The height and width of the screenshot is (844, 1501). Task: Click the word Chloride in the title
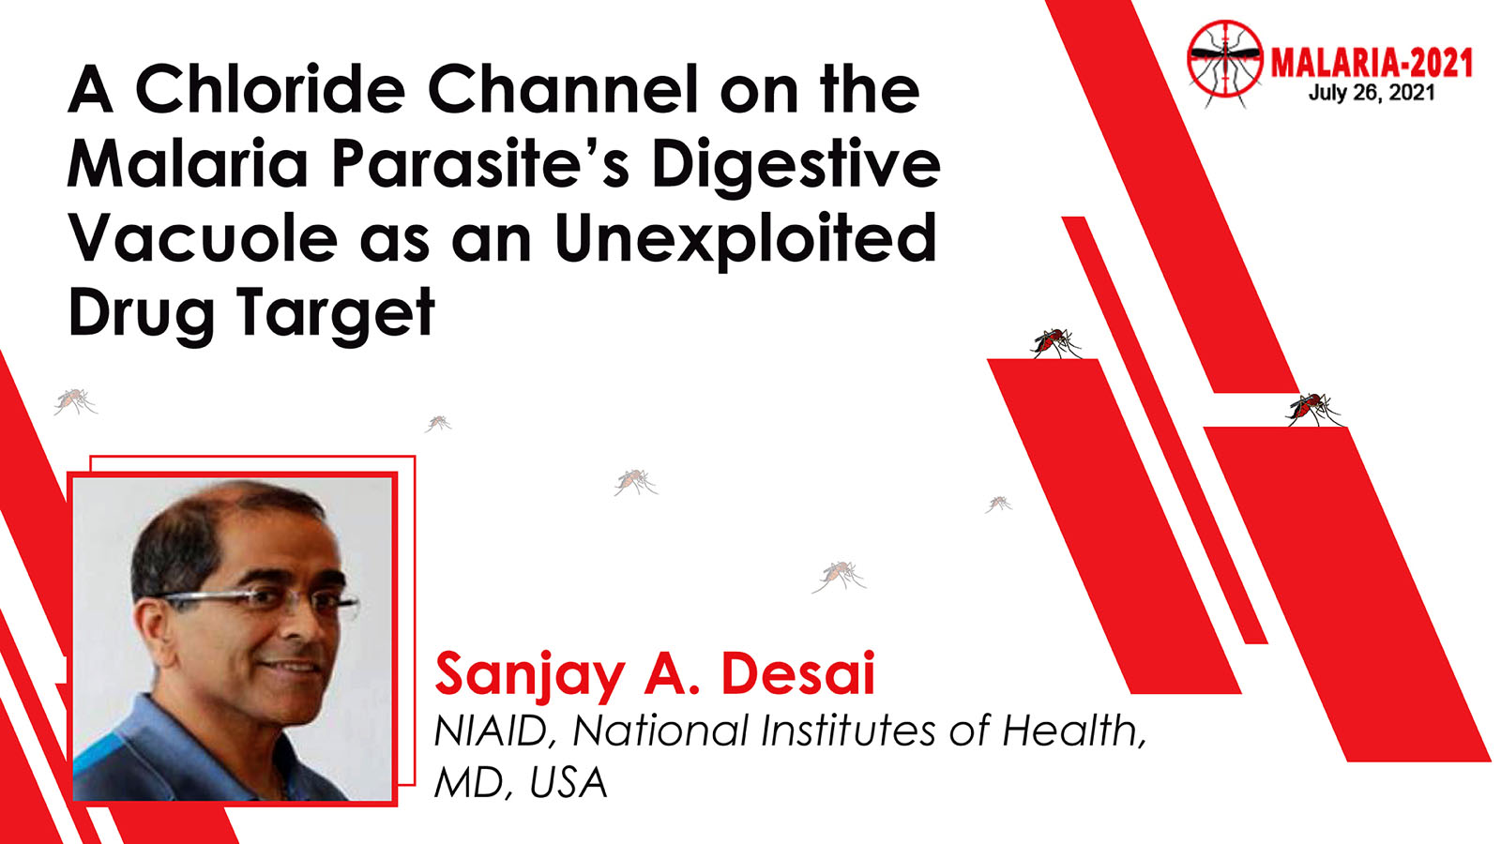point(270,88)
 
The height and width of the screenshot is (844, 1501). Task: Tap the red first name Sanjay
point(529,676)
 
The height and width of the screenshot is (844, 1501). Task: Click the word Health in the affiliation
point(1074,731)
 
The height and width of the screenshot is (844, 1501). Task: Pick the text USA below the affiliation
point(569,782)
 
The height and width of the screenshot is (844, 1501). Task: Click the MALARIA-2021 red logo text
point(1372,64)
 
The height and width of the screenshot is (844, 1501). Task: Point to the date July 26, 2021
point(1372,92)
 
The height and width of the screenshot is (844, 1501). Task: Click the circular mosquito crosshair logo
point(1225,59)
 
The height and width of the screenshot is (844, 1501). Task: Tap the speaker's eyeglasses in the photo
point(258,603)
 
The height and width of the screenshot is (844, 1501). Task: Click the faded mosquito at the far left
point(75,401)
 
